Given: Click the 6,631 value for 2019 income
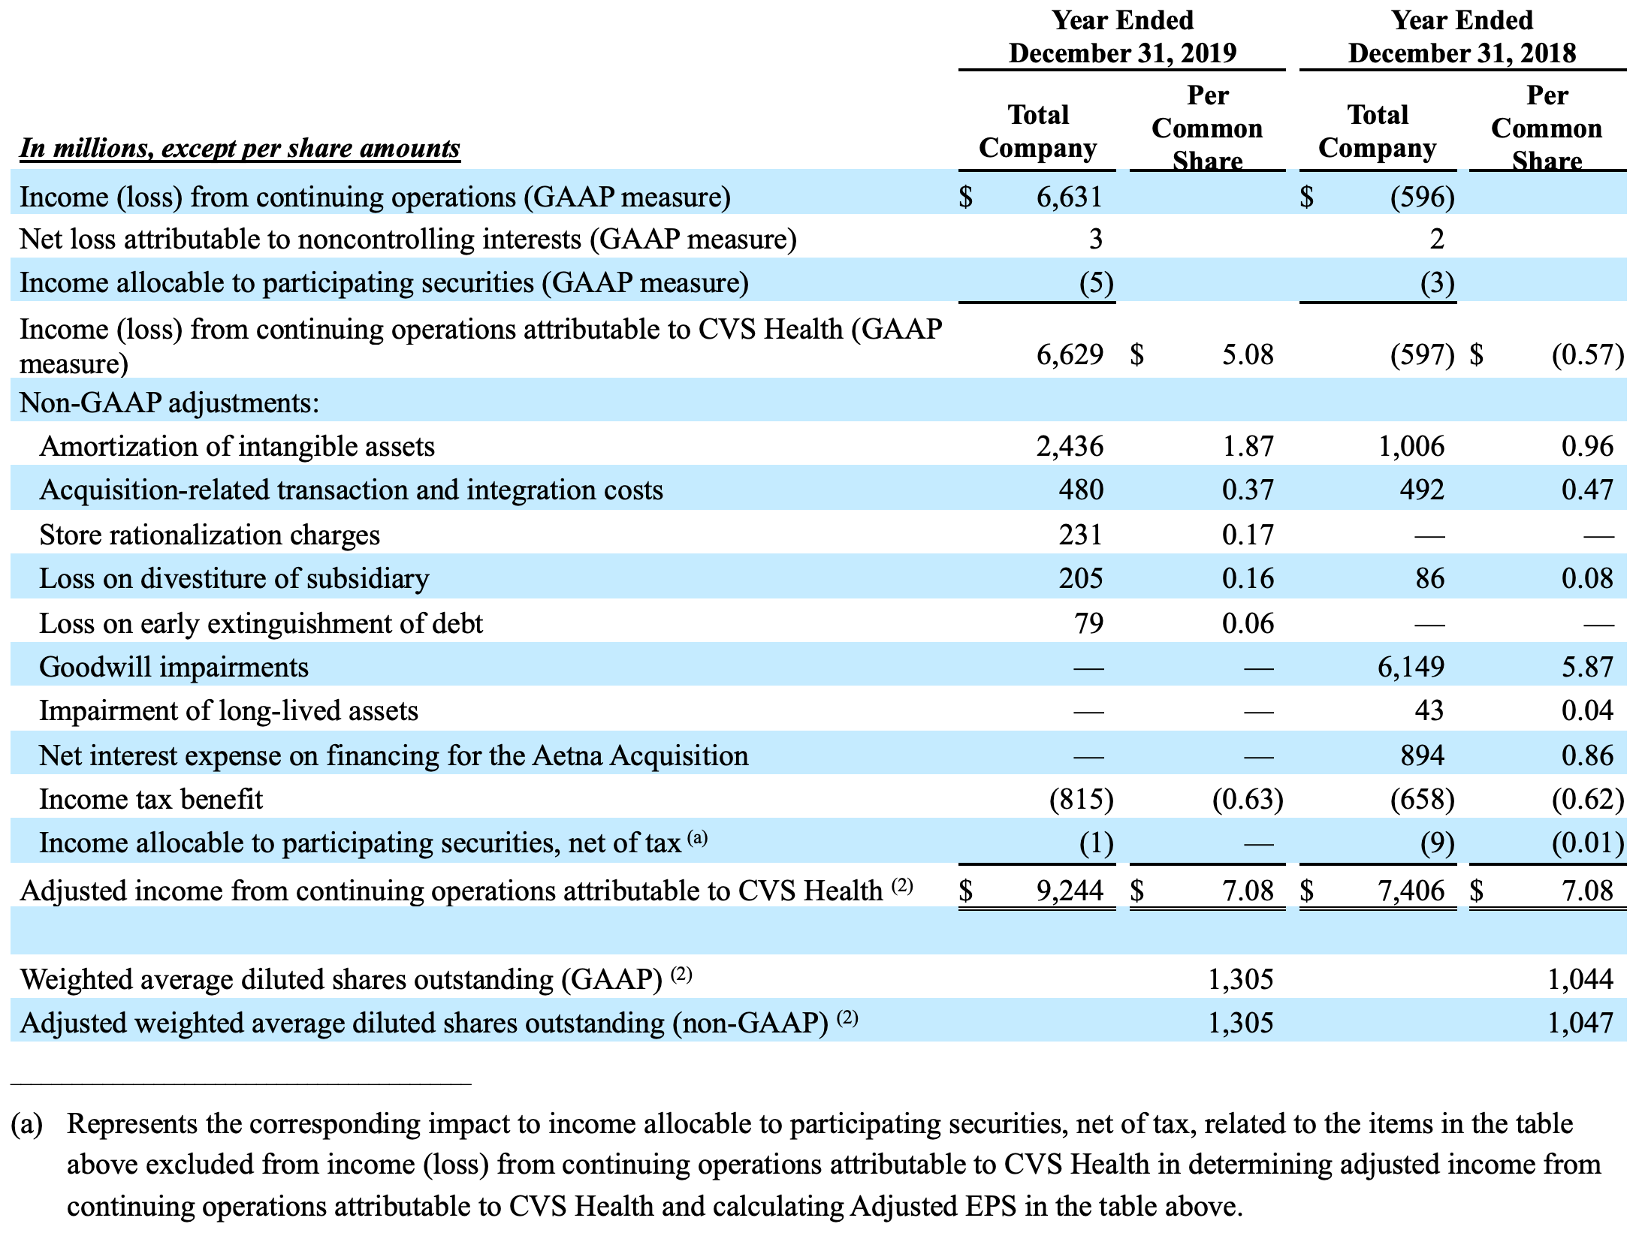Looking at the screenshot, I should (x=1069, y=197).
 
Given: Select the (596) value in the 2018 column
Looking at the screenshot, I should (x=1422, y=197).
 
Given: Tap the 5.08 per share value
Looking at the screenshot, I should (x=1247, y=354).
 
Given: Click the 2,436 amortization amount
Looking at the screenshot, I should (x=1070, y=447).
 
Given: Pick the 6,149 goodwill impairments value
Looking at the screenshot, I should (x=1410, y=667).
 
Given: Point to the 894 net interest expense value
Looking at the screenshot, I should (x=1422, y=755).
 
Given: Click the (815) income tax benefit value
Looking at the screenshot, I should (x=1081, y=799).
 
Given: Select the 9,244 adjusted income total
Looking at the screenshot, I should (x=1070, y=891).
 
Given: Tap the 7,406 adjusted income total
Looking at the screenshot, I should (x=1410, y=891).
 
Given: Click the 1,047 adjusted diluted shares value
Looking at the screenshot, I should (x=1580, y=1023).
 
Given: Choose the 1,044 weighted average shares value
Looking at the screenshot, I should (x=1580, y=979).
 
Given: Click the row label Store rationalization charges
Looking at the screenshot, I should (x=210, y=535).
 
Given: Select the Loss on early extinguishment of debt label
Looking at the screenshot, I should (x=261, y=623).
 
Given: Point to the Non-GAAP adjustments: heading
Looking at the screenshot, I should (x=169, y=403).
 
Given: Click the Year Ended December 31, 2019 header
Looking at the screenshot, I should (x=1122, y=37).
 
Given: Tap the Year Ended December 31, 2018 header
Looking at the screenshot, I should (x=1462, y=37).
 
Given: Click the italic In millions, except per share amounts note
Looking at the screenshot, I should (x=240, y=148).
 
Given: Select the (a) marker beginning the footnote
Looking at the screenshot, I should (x=27, y=1124).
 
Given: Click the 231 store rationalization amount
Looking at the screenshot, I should (x=1080, y=535).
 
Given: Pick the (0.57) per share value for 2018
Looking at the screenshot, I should (x=1587, y=354).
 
